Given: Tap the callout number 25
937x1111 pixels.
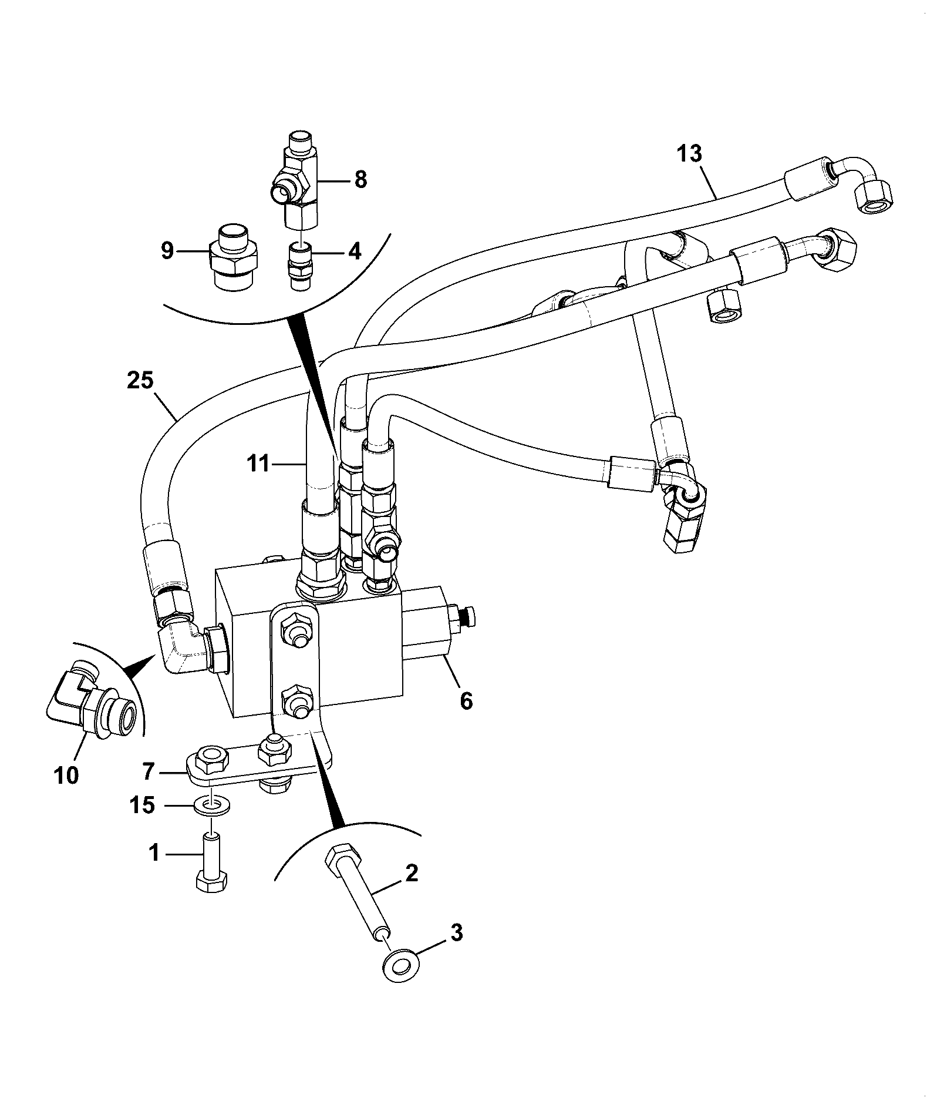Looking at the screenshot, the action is click(140, 381).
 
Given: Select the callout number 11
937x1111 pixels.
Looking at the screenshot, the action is click(258, 464).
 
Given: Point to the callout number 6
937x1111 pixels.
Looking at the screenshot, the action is click(466, 701).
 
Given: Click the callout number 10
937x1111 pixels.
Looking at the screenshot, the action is click(67, 776).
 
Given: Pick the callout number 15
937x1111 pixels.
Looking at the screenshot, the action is click(143, 805).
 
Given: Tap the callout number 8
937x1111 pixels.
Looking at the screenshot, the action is click(360, 180).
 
